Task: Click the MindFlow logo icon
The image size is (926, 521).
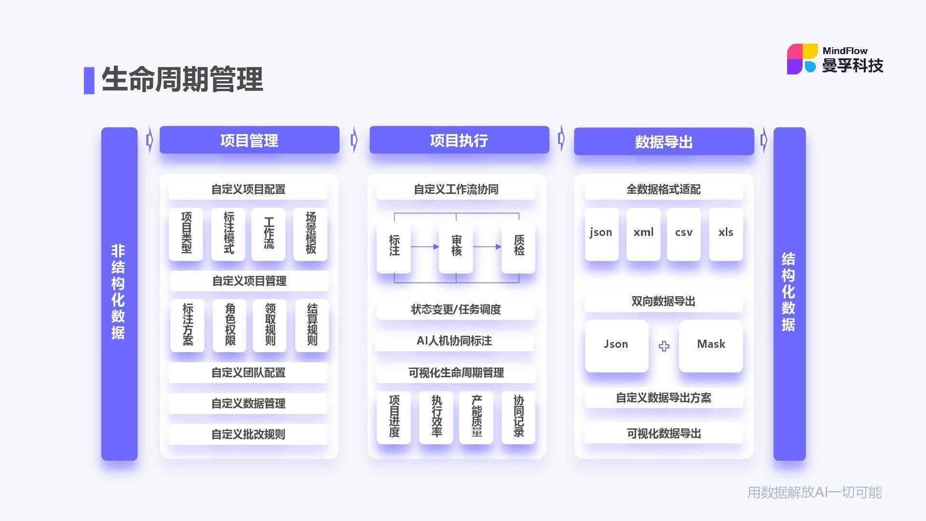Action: pos(803,59)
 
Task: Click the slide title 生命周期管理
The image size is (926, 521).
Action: pos(182,80)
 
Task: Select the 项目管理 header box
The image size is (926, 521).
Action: pos(249,140)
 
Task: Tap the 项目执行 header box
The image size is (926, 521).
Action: pos(459,140)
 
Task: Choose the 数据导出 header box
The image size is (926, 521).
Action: pos(664,141)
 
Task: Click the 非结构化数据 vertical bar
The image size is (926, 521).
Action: pos(119,293)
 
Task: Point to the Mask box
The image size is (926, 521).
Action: pos(711,346)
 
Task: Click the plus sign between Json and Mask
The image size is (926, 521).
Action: pos(664,346)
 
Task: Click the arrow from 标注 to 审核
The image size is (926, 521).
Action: pos(425,247)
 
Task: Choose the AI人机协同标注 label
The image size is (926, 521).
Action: pos(454,341)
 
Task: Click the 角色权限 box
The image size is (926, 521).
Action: pos(230,325)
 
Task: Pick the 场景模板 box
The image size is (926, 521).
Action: pos(311,234)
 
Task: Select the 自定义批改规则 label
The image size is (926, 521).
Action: pos(248,434)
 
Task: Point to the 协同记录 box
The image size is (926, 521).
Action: pos(518,417)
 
